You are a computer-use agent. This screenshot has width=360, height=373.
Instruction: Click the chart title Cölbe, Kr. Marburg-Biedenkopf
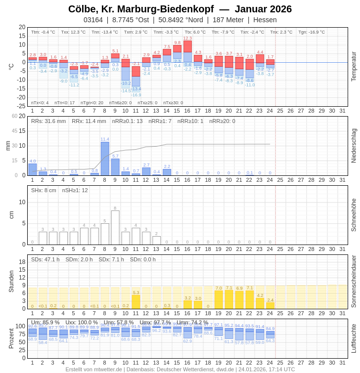pos(141,9)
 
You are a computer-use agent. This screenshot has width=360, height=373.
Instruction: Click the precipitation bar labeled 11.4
pos(105,159)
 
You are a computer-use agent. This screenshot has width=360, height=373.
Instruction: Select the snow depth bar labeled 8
pos(115,228)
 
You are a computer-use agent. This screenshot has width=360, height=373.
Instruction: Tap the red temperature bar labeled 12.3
pos(187,46)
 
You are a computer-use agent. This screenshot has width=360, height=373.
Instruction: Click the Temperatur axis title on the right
pos(354,66)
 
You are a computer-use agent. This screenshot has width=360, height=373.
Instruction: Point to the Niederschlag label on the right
pos(354,146)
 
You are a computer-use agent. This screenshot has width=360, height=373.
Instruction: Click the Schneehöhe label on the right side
pos(354,215)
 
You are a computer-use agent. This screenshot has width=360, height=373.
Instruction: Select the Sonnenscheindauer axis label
pos(354,282)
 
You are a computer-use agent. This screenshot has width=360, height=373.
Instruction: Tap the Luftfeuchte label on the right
pos(354,338)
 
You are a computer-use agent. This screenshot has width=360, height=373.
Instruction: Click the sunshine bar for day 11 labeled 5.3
pos(136,302)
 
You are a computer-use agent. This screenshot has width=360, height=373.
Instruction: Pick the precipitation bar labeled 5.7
pos(115,167)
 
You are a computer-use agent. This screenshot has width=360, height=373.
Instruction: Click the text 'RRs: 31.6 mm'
pos(48,121)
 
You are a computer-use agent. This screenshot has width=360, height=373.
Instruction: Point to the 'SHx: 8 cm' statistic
pos(44,190)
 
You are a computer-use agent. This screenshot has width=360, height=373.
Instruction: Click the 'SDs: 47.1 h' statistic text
pos(45,259)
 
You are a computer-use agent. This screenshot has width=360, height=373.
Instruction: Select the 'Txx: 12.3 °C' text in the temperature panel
pos(73,32)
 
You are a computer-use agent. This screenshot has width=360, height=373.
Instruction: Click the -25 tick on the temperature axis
pos(22,106)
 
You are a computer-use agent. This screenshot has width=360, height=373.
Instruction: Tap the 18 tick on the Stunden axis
pos(22,262)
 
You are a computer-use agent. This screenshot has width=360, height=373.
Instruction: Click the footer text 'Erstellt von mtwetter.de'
pos(94,369)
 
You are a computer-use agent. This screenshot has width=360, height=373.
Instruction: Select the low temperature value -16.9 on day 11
pos(136,95)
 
